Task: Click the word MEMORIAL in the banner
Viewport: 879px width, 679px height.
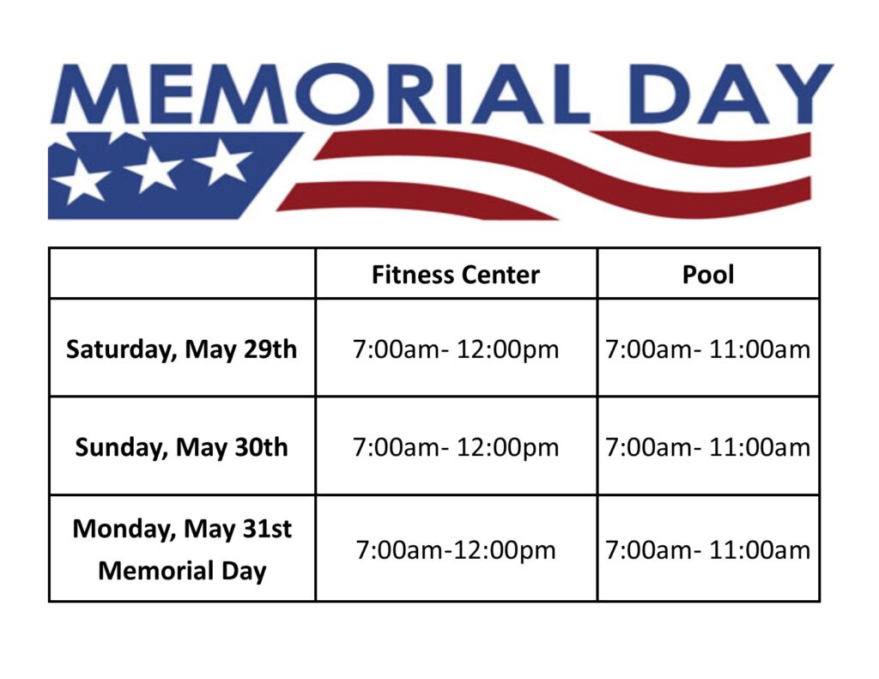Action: [320, 94]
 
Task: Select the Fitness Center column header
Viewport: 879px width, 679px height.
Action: [456, 275]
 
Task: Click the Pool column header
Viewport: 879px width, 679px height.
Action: [708, 275]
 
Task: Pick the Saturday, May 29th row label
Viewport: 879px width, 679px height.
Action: [181, 349]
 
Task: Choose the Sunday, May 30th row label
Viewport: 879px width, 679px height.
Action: [181, 447]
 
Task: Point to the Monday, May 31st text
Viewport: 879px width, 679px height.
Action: [182, 530]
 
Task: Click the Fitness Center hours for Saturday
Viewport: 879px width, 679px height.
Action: [456, 349]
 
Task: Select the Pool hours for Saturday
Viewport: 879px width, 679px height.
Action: [708, 349]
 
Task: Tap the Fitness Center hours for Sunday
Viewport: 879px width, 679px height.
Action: [456, 447]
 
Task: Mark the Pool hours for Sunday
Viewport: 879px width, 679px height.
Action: [708, 447]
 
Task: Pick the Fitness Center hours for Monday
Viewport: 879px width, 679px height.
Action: [456, 550]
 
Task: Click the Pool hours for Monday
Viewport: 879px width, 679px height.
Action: [708, 550]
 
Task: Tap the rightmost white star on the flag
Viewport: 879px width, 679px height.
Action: [224, 162]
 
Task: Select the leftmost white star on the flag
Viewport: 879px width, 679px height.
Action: [82, 181]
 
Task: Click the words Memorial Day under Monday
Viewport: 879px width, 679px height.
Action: [182, 572]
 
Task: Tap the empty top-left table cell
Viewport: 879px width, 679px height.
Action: [182, 273]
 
